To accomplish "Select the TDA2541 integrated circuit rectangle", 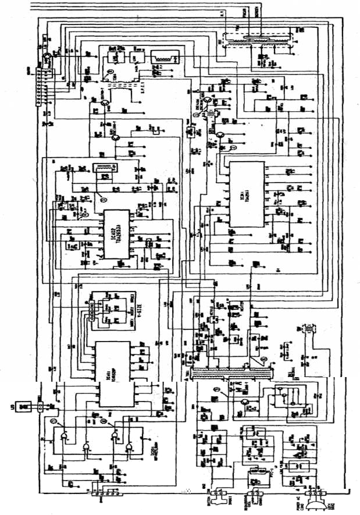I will click(246, 194).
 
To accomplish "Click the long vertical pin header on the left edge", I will click(41, 87).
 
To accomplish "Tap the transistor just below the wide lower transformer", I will click(247, 402).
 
